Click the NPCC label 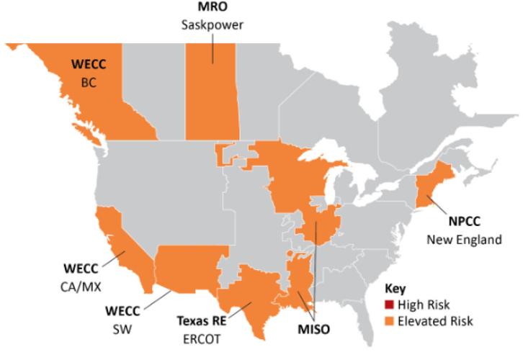click(464, 222)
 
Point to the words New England click(464, 240)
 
